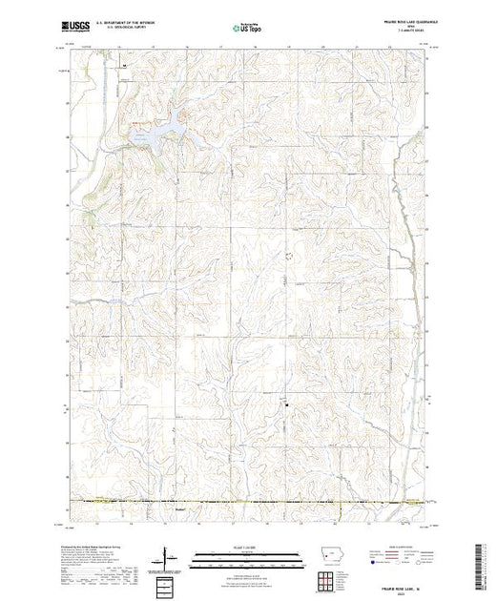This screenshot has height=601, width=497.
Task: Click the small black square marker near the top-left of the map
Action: (124, 67)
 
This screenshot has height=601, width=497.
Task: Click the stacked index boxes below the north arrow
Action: (166, 582)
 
